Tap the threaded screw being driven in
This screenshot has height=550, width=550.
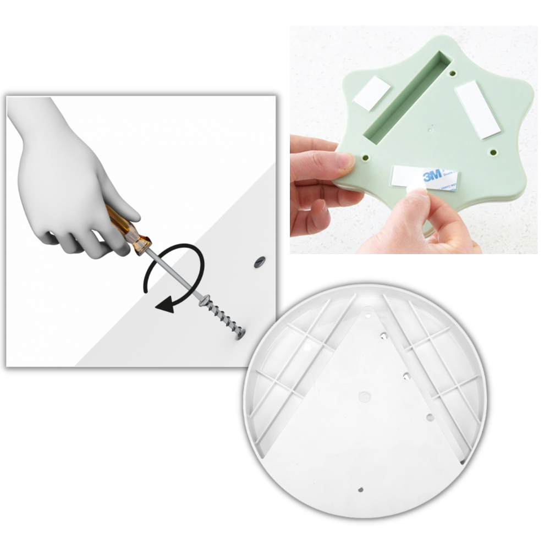(222, 318)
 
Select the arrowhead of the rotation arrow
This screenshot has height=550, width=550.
(164, 306)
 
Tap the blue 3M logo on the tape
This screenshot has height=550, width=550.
(432, 177)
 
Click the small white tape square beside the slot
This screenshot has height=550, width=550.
(372, 93)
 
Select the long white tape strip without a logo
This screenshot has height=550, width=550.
(478, 108)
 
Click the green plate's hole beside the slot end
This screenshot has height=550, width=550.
(452, 73)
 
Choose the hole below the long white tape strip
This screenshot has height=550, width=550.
(493, 152)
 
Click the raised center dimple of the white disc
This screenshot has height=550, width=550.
(364, 395)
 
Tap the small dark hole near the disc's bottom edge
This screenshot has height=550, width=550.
(361, 488)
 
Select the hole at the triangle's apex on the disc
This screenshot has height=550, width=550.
(368, 316)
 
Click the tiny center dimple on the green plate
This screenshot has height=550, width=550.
(431, 130)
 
